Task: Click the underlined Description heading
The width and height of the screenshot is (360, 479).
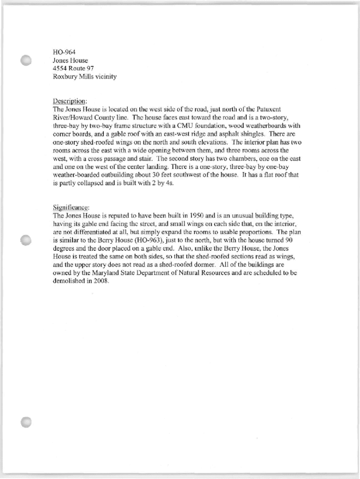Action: [70, 101]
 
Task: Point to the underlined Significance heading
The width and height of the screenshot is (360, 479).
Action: [72, 207]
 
